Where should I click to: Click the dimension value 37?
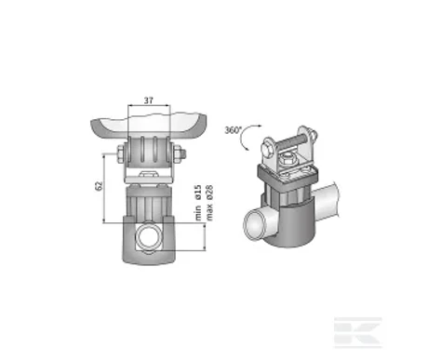pyautogui.click(x=149, y=100)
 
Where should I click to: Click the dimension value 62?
pyautogui.click(x=99, y=186)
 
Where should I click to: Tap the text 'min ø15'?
pyautogui.click(x=199, y=203)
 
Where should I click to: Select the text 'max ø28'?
pyautogui.click(x=209, y=203)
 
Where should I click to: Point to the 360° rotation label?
pyautogui.click(x=233, y=130)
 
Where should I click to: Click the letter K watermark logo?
pyautogui.click(x=357, y=333)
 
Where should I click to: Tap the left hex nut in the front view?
pyautogui.click(x=120, y=153)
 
